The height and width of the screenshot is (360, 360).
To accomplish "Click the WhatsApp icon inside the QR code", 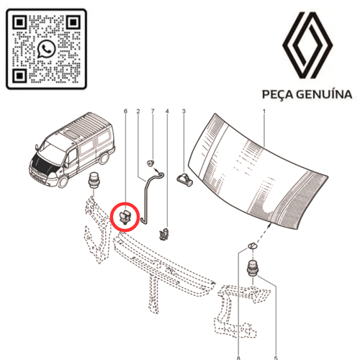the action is [47, 49].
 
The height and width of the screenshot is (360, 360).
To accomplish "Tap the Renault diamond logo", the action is [307, 45].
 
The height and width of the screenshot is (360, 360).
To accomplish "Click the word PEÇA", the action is [278, 94].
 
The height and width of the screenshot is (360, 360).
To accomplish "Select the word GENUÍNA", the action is [324, 94].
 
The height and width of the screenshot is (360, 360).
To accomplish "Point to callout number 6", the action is [125, 112].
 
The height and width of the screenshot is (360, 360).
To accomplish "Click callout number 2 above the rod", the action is [138, 112].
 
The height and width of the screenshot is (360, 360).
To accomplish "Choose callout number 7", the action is [153, 111].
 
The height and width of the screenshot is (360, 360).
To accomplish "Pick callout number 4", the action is [167, 112].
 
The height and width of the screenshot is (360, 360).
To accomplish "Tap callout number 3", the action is [184, 111].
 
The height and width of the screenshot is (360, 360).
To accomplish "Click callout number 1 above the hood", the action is [264, 112].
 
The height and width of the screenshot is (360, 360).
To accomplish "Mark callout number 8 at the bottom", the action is [238, 358].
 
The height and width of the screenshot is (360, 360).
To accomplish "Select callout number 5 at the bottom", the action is [276, 358].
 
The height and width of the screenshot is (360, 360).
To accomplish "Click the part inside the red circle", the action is [125, 217].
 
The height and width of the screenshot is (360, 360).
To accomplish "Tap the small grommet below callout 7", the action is [150, 163].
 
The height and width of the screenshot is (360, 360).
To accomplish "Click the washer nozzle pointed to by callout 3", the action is [185, 179].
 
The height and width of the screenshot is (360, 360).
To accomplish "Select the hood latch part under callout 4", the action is [164, 234].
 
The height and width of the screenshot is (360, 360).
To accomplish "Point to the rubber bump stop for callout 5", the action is [252, 268].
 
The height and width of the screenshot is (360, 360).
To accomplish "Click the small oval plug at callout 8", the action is [252, 246].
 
